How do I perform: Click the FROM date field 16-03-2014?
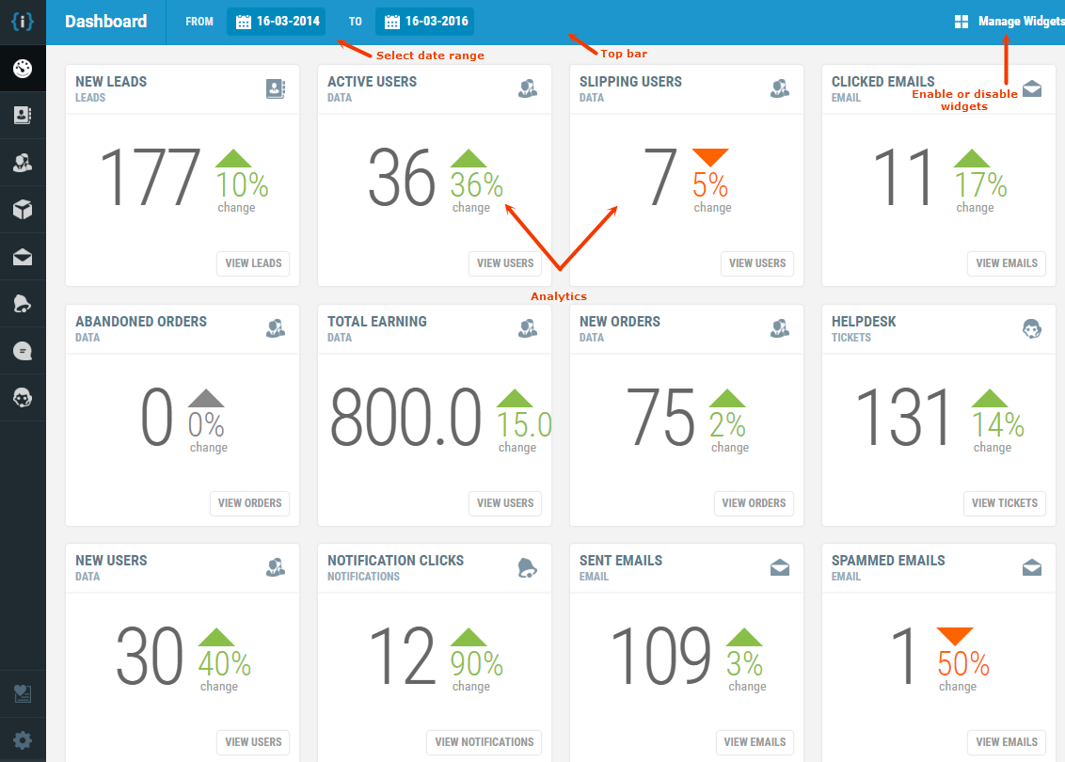pos(278,22)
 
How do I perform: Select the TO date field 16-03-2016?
pos(424,22)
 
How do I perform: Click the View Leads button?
pos(253,263)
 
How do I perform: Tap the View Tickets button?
pos(1005,503)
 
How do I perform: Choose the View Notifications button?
pos(484,742)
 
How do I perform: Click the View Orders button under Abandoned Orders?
pos(249,503)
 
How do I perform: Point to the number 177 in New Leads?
pos(150,178)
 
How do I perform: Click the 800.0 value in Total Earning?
pos(405,418)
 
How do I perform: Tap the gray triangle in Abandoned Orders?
pos(206,398)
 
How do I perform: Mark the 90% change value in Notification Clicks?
pos(476,664)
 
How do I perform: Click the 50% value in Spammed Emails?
pos(963,664)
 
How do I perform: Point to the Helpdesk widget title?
pos(864,322)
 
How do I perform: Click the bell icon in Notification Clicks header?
pos(527,567)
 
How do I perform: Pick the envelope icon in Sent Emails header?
pos(779,567)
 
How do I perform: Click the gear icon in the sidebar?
pos(23,739)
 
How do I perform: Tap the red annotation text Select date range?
pos(430,56)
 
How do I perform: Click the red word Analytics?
pos(559,296)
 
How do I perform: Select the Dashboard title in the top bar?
pos(106,22)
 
